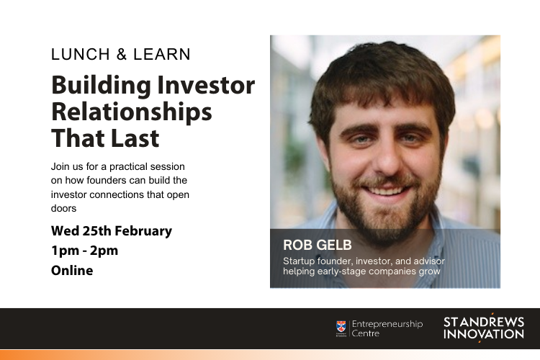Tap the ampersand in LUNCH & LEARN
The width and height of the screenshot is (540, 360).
[121, 55]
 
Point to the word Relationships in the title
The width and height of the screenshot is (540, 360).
[132, 112]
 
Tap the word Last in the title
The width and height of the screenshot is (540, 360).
[135, 138]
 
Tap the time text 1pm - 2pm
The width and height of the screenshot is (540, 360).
[84, 251]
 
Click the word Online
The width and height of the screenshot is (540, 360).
[72, 271]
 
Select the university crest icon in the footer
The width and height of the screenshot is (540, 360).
[341, 328]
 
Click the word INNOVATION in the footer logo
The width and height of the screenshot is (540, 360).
[484, 334]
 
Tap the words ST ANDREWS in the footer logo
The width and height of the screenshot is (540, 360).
[484, 321]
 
